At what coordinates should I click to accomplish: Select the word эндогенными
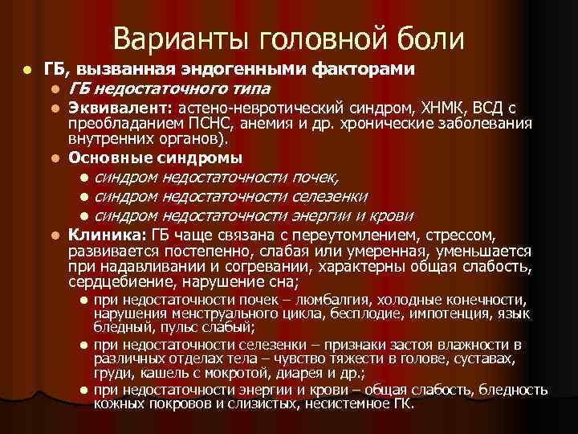coord(227,70)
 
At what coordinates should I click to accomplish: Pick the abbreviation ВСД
coord(484,107)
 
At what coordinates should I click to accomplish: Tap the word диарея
coord(313,373)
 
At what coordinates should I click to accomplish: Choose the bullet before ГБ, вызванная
coord(28,71)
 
